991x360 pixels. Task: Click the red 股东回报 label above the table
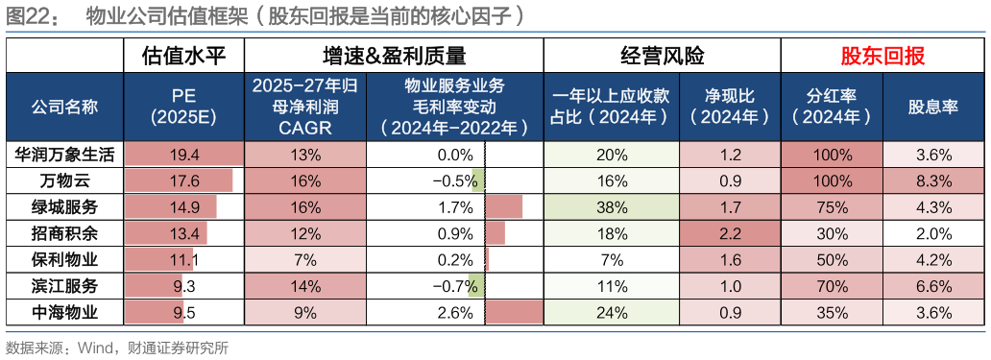tap(882, 57)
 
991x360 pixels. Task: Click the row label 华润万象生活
tap(65, 154)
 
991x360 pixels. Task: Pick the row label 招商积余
tap(65, 233)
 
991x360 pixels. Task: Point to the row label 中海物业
tap(65, 312)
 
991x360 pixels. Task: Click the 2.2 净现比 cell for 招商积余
tap(729, 233)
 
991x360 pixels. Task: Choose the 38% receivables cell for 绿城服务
tap(611, 206)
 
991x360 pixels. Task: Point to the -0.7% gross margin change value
tap(454, 286)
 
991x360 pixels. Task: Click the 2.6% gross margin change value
tap(454, 312)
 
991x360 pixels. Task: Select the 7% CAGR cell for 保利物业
tap(305, 259)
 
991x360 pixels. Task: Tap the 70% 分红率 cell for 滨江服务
tap(831, 286)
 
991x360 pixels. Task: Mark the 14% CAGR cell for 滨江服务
tap(305, 286)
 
